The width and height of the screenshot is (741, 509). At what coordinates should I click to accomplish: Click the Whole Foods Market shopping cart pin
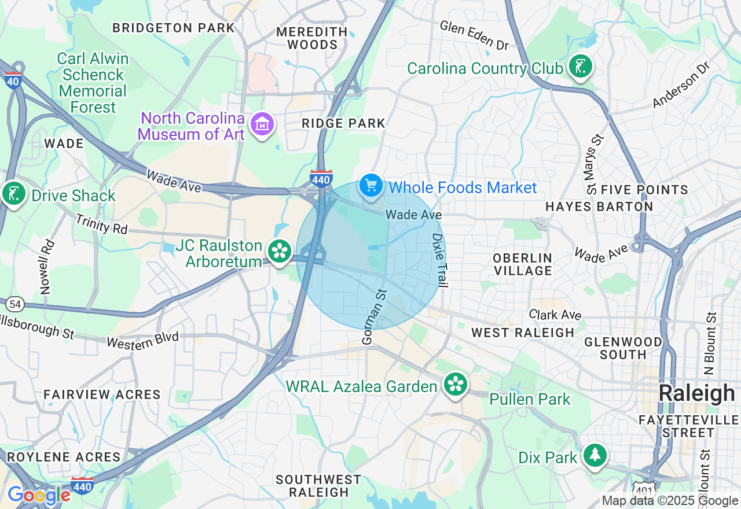coord(371,186)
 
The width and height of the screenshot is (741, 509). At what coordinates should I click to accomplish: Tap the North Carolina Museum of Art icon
coord(262,123)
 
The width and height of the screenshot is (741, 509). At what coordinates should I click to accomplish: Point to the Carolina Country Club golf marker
coord(579,66)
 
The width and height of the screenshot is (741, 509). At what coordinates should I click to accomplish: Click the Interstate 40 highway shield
coord(13,80)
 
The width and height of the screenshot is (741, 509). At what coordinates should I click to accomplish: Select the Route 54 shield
coord(14,304)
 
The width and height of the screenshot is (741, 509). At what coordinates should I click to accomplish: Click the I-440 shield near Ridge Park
coord(321,178)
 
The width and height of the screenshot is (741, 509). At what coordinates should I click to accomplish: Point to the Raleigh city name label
coord(696,393)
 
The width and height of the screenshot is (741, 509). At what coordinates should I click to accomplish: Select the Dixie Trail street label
coord(440,260)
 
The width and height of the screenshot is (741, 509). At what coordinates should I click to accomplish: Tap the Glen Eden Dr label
coord(473,34)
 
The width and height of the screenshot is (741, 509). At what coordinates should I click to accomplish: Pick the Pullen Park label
coord(530,399)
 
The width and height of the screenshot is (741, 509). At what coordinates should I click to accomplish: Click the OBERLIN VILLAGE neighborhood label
coord(523,264)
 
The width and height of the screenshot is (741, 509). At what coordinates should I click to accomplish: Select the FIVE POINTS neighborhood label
coord(644,190)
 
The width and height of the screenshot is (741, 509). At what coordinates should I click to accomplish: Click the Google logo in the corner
coord(39,495)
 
